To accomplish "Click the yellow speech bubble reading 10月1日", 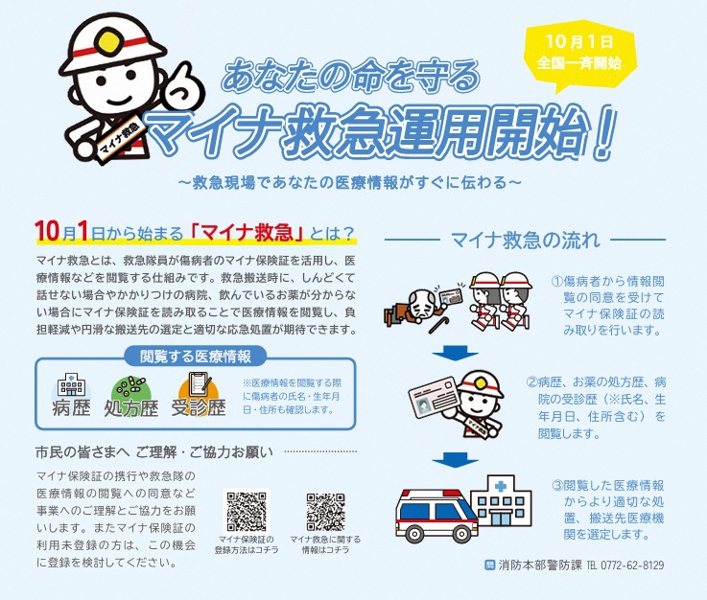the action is point(579,53).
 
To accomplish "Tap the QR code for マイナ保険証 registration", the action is point(247,511).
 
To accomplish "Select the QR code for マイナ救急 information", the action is point(325,512).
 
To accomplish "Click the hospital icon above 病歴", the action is point(72,384).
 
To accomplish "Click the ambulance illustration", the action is point(436,515).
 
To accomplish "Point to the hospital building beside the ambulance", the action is point(502,501).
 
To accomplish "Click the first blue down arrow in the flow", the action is point(455,353).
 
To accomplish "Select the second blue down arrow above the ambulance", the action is point(455,460).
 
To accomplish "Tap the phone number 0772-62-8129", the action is point(632,565).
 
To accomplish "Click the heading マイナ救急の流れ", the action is point(526,240).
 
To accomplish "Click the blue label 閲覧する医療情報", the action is point(196,357).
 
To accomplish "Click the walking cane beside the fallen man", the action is point(439,322).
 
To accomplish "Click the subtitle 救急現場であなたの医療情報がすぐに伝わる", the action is point(350,182).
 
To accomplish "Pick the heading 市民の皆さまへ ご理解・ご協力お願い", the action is point(154,451).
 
